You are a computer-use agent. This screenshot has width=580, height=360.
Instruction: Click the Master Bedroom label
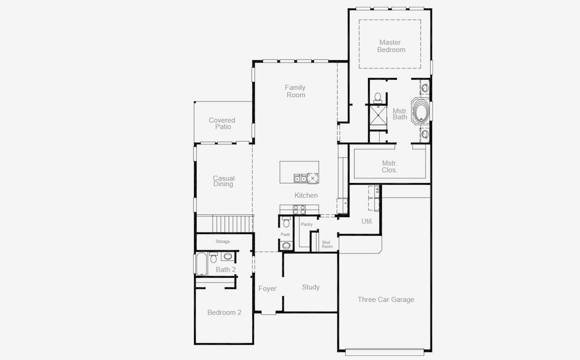(391, 46)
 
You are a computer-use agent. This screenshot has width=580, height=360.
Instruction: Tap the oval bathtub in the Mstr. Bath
(420, 112)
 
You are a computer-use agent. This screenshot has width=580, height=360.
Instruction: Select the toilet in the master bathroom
(378, 97)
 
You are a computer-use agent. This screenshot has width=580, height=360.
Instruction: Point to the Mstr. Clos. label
(389, 167)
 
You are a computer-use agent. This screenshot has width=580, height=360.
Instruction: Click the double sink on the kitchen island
(300, 178)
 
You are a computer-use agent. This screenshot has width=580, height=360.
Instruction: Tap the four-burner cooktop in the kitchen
(298, 209)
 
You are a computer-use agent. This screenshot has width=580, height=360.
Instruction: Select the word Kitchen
(306, 196)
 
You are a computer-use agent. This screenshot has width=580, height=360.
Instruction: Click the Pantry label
(307, 224)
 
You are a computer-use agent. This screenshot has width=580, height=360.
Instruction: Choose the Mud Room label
(327, 245)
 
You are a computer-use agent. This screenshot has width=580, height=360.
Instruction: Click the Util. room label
(367, 221)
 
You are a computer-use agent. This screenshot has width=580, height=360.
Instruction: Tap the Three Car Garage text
(385, 299)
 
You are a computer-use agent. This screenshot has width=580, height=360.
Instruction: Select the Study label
(310, 287)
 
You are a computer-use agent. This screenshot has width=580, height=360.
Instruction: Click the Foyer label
(267, 289)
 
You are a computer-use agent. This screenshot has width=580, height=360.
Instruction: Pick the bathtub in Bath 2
(201, 263)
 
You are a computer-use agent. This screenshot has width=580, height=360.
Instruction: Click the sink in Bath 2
(228, 256)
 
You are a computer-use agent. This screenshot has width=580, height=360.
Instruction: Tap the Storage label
(223, 241)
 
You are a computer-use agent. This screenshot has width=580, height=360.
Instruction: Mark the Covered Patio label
(222, 124)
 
